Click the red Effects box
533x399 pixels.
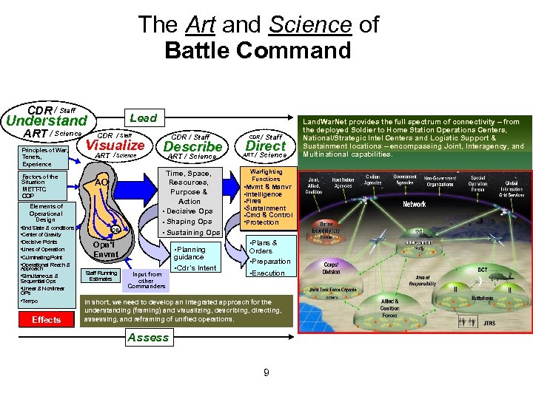click(46, 319)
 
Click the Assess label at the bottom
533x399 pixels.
click(148, 338)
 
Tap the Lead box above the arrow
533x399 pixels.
click(144, 117)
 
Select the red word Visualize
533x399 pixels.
click(115, 146)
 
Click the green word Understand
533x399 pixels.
click(47, 120)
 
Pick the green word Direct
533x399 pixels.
click(265, 146)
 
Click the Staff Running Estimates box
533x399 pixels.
click(101, 276)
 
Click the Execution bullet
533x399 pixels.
click(267, 273)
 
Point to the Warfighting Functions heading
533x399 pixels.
click(266, 175)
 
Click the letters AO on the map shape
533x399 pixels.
click(102, 182)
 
